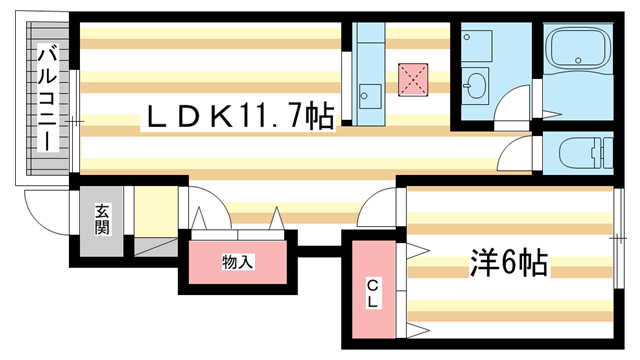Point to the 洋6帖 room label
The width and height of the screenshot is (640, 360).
tap(508, 265)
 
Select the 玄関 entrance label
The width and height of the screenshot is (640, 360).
tap(103, 219)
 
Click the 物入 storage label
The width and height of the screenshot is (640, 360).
tap(237, 262)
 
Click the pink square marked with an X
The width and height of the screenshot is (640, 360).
tap(411, 77)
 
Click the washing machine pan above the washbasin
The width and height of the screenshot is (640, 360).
tap(479, 44)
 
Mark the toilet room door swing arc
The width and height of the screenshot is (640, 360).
tap(518, 153)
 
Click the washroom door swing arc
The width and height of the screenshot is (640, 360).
tap(516, 103)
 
